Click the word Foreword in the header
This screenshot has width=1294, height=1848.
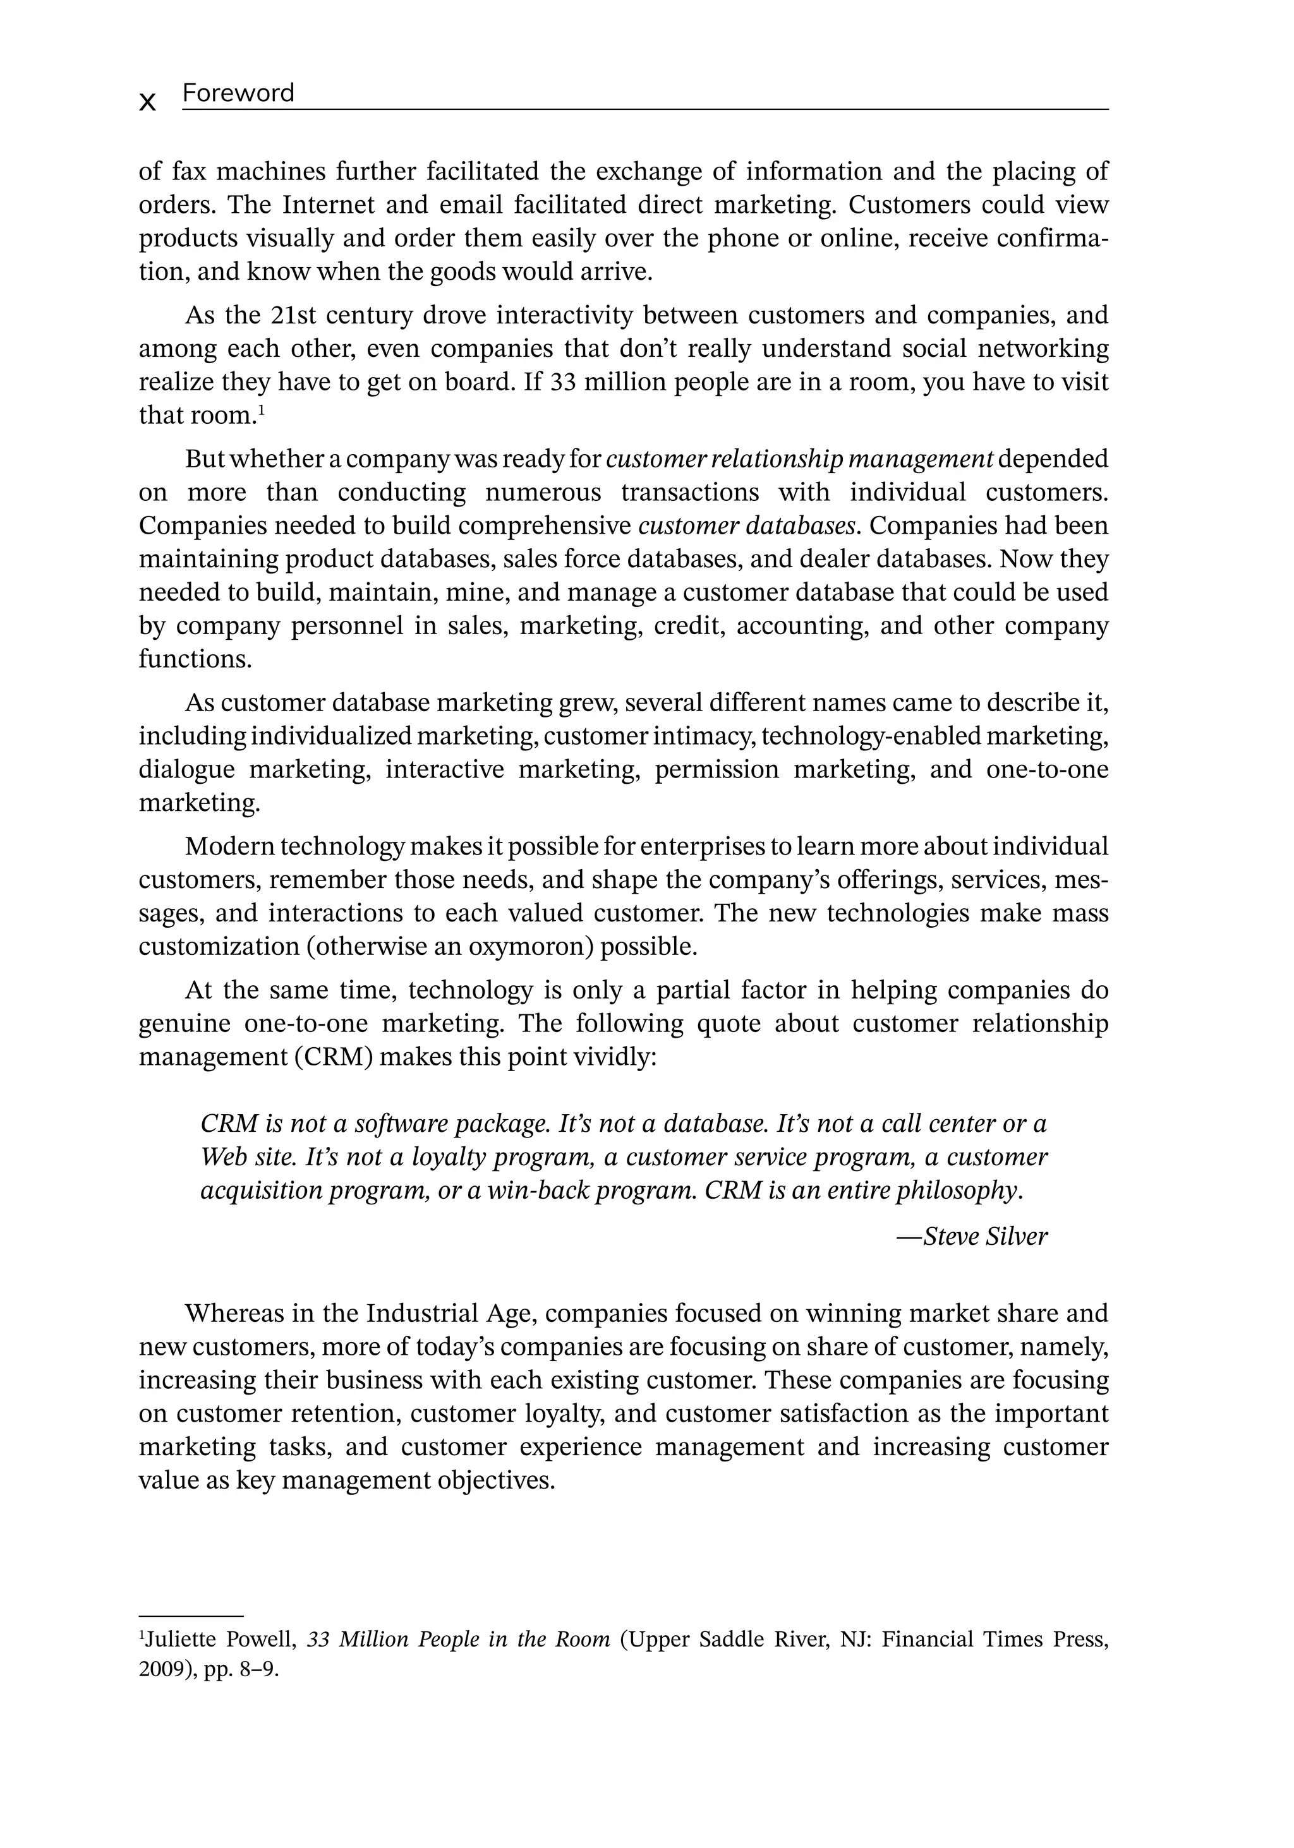(x=238, y=93)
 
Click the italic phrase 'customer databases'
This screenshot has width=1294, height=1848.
(x=746, y=525)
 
